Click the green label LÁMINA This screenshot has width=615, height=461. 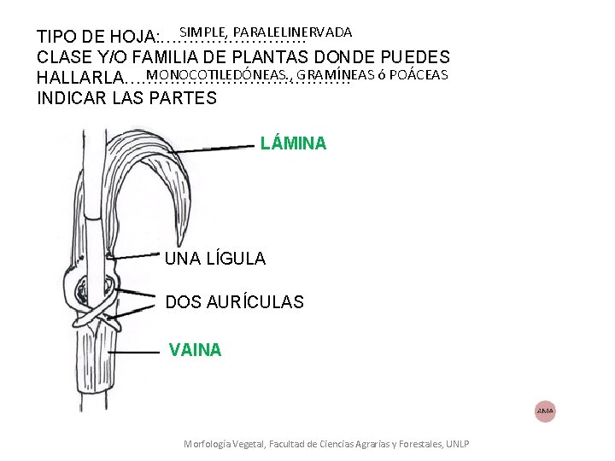tap(293, 143)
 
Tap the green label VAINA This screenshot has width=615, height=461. tap(196, 349)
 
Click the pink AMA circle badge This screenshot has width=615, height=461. tap(545, 411)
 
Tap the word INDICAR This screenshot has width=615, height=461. tap(69, 97)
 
